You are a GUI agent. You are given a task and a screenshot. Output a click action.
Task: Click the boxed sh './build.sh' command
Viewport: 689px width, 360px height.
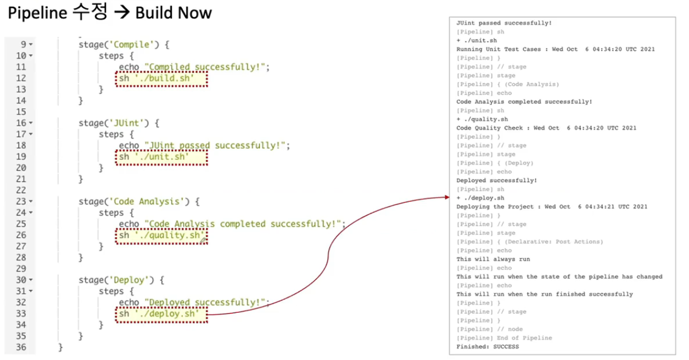[x=161, y=78]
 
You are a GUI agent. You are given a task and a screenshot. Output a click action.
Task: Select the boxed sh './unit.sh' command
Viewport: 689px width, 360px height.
[x=161, y=157]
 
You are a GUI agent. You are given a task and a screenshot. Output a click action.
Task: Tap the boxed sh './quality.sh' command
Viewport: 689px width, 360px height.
[x=161, y=235]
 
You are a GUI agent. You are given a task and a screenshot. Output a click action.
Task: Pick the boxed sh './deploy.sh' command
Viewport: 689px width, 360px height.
[x=161, y=314]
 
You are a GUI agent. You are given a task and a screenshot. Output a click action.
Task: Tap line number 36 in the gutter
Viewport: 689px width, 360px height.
[x=20, y=347]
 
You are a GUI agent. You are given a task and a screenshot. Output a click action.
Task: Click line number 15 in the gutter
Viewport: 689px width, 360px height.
[x=20, y=112]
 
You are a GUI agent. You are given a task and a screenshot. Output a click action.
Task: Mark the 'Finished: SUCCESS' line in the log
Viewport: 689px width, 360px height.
[x=487, y=347]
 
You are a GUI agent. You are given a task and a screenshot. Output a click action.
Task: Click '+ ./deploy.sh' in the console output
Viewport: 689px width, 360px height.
[x=480, y=198]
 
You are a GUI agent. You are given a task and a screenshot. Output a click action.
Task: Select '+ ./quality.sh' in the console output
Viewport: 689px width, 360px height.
[x=481, y=119]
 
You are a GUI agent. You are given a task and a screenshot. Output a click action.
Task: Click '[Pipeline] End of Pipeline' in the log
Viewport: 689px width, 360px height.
[x=504, y=338]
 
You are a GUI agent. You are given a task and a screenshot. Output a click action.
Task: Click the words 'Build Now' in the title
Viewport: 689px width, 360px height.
[x=173, y=13]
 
